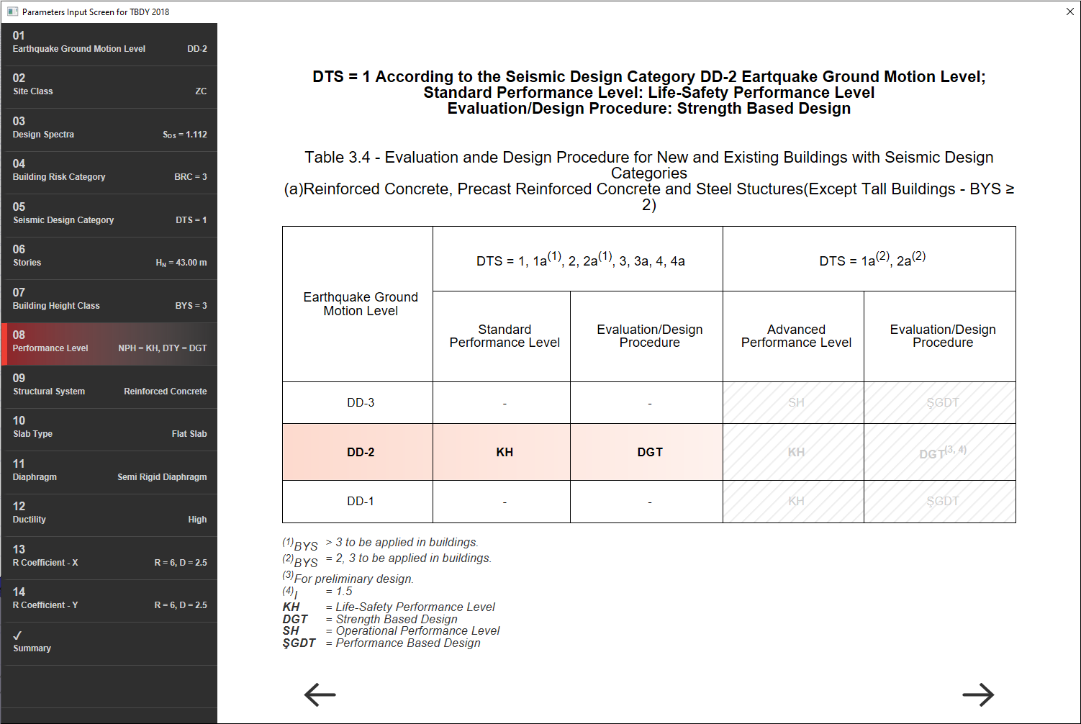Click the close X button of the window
coord(1069,12)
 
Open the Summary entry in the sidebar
coord(109,642)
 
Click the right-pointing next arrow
coord(978,694)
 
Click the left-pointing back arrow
coord(320,694)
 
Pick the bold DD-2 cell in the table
coord(361,452)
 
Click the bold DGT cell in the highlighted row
coord(649,452)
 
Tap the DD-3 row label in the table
coord(361,402)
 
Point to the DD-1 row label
coord(361,501)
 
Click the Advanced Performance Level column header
coord(796,336)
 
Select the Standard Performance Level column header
coord(505,336)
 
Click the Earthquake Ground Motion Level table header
coord(361,304)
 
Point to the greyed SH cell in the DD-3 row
coord(796,402)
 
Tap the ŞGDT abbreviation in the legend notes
coord(299,643)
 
